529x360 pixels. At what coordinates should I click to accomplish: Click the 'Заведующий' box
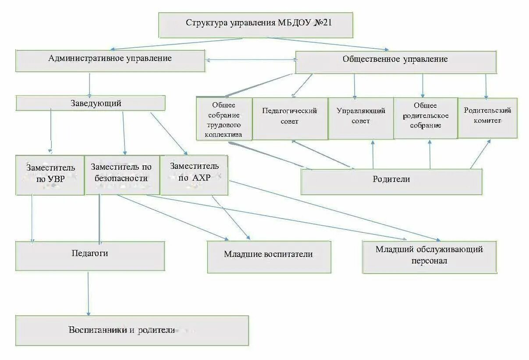(x=91, y=103)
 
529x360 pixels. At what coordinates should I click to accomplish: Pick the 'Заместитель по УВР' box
(x=50, y=175)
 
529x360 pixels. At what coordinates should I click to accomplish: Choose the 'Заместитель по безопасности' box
(x=121, y=174)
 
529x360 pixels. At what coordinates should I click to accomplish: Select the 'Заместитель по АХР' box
(x=194, y=175)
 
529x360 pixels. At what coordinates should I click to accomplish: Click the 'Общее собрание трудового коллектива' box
(x=224, y=119)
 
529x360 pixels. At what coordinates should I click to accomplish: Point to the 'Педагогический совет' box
(x=290, y=118)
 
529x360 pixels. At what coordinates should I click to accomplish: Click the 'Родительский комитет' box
(x=487, y=117)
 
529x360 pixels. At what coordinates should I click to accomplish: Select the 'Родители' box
(x=391, y=181)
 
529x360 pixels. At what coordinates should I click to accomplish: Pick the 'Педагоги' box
(x=90, y=255)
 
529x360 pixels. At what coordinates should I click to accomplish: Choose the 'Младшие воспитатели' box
(x=269, y=257)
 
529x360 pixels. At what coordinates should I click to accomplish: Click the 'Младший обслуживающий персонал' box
(x=429, y=257)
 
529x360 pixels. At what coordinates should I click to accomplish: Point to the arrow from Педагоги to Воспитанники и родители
(x=88, y=293)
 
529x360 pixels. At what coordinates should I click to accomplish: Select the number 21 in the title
(x=327, y=22)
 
